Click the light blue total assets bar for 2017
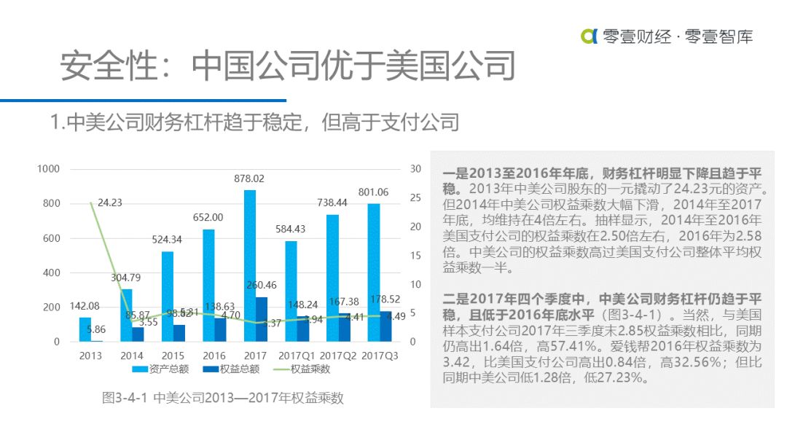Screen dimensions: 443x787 [250, 265]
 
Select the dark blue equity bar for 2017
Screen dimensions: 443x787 [261, 319]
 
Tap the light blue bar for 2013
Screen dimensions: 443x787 [85, 329]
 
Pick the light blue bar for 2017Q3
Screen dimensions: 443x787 [374, 273]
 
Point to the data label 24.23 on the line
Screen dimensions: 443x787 [109, 203]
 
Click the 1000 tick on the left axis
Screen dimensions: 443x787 [49, 169]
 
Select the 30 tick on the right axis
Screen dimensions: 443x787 [416, 169]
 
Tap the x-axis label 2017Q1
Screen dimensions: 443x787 [297, 356]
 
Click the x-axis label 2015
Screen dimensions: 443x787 [173, 356]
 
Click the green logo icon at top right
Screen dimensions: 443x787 [589, 36]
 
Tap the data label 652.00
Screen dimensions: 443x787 [208, 217]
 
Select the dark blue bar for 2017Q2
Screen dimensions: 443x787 [345, 327]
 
